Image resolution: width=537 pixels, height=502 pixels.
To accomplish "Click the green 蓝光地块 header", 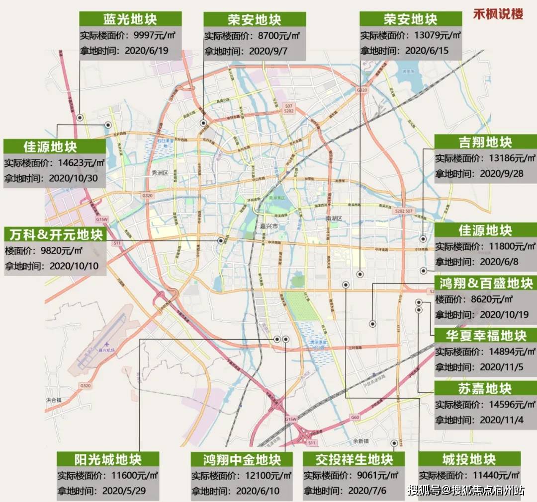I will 130,19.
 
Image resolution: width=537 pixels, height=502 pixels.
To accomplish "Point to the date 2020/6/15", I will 426,51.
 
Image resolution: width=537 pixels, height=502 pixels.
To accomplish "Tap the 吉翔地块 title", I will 485,143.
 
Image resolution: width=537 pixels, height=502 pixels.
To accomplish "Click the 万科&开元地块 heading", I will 54,233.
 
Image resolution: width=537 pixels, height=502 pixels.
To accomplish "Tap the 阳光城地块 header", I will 108,459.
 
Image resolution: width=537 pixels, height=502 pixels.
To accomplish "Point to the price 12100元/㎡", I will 268,475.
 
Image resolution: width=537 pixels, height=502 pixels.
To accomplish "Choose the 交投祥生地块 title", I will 354,459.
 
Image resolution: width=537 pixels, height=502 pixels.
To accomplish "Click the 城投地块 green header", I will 469,459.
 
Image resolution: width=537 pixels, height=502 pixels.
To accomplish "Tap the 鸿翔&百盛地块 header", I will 486,284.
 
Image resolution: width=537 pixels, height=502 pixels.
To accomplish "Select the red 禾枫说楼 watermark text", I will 498,13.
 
